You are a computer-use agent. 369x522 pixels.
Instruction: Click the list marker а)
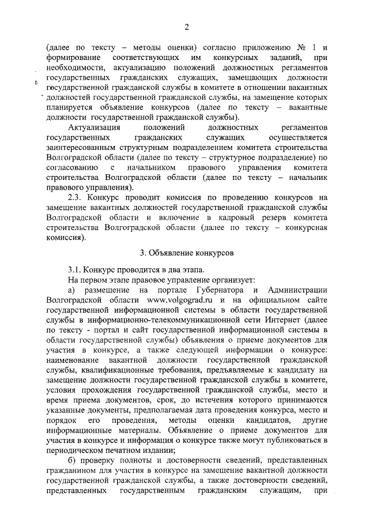click(72, 290)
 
